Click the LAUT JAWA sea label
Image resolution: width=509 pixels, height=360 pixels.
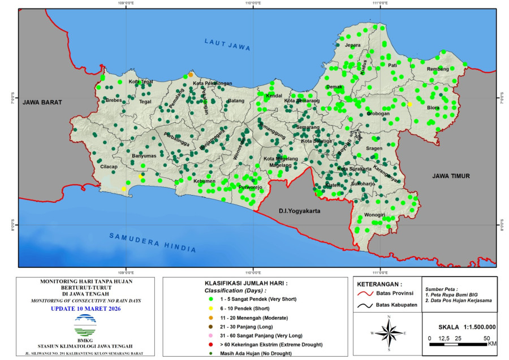[227, 45]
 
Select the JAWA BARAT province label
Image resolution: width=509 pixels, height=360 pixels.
[42, 102]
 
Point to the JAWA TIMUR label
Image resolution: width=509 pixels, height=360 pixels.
[451, 176]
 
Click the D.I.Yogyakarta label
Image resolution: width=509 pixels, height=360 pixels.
[299, 211]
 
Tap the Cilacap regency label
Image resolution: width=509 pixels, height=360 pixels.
[108, 167]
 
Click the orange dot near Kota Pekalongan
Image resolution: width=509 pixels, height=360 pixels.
[191, 75]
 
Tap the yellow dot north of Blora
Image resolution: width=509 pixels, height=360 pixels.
[409, 104]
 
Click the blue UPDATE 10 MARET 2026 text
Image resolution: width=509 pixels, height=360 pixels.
[85, 309]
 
